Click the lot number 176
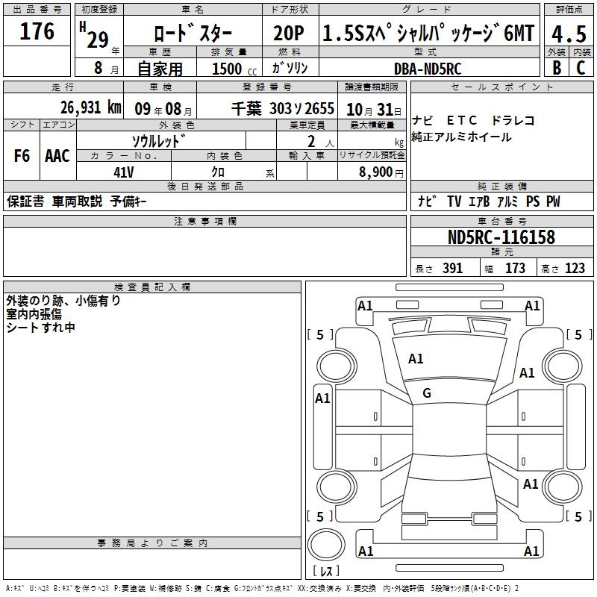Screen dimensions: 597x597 point(37,31)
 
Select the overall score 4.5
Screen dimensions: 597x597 point(569,34)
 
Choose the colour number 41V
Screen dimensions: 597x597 point(124,171)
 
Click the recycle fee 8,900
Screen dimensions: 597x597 point(375,172)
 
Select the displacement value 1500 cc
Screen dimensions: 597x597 point(229,69)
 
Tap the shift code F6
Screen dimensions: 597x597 point(22,156)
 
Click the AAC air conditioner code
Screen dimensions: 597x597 point(57,156)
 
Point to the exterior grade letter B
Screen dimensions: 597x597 point(557,68)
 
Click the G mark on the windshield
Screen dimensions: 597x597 point(427,393)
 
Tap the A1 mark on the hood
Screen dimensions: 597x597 point(416,359)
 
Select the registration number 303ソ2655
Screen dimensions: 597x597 point(301,108)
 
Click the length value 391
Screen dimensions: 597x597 point(452,269)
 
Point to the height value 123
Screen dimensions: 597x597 point(575,269)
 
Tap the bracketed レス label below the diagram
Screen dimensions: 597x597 point(326,572)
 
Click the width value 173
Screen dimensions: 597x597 point(515,269)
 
